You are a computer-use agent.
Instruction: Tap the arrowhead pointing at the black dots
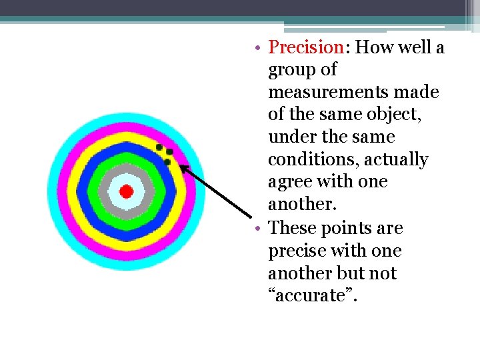183,167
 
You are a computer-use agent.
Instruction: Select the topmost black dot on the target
159,147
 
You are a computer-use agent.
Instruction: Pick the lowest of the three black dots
167,161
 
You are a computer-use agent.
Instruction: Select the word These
293,228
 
